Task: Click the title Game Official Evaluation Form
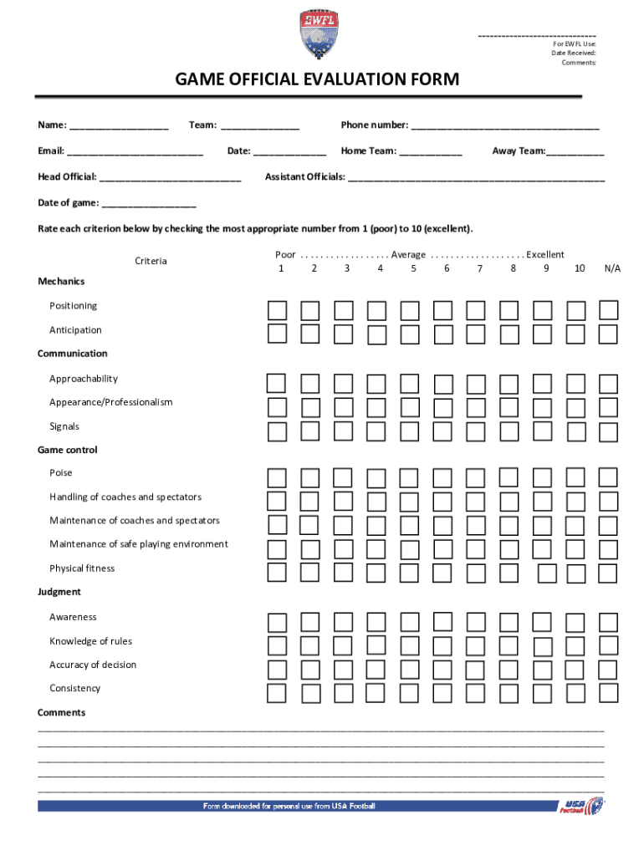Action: (317, 79)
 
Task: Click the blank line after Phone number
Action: (505, 127)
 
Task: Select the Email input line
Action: (135, 152)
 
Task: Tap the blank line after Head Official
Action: (170, 178)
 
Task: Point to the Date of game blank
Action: (148, 204)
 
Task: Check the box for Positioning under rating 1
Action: (277, 311)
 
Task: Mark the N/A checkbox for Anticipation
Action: (608, 334)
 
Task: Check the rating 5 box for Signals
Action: (409, 431)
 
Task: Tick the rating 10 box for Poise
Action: (575, 477)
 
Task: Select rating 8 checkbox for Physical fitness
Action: (509, 573)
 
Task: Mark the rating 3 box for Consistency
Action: (343, 693)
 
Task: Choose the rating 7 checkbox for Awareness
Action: (476, 622)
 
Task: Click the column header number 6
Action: (447, 268)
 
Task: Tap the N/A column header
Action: (612, 268)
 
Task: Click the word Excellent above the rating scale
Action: (545, 254)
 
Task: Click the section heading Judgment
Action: (59, 592)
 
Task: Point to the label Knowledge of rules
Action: (90, 641)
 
